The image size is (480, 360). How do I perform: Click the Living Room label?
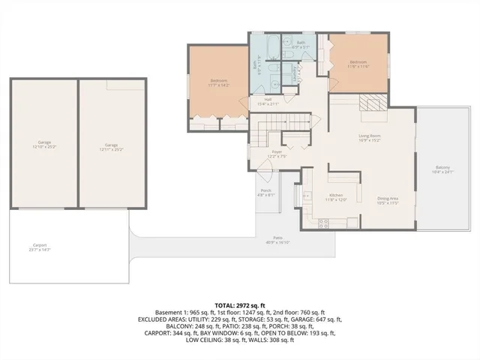(x=369, y=137)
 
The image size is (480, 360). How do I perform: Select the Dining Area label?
(x=387, y=200)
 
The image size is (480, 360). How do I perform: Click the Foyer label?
(x=277, y=154)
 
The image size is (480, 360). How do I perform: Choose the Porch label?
(x=265, y=192)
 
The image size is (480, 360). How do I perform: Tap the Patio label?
(x=277, y=241)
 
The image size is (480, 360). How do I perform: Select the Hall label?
(x=268, y=101)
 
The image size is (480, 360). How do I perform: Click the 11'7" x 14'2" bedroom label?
(x=219, y=82)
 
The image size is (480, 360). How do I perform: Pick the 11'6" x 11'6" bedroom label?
(x=358, y=64)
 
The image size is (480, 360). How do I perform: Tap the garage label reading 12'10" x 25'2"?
(x=44, y=146)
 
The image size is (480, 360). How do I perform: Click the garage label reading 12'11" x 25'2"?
(x=112, y=148)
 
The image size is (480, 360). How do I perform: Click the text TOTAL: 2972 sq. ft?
(x=240, y=306)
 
